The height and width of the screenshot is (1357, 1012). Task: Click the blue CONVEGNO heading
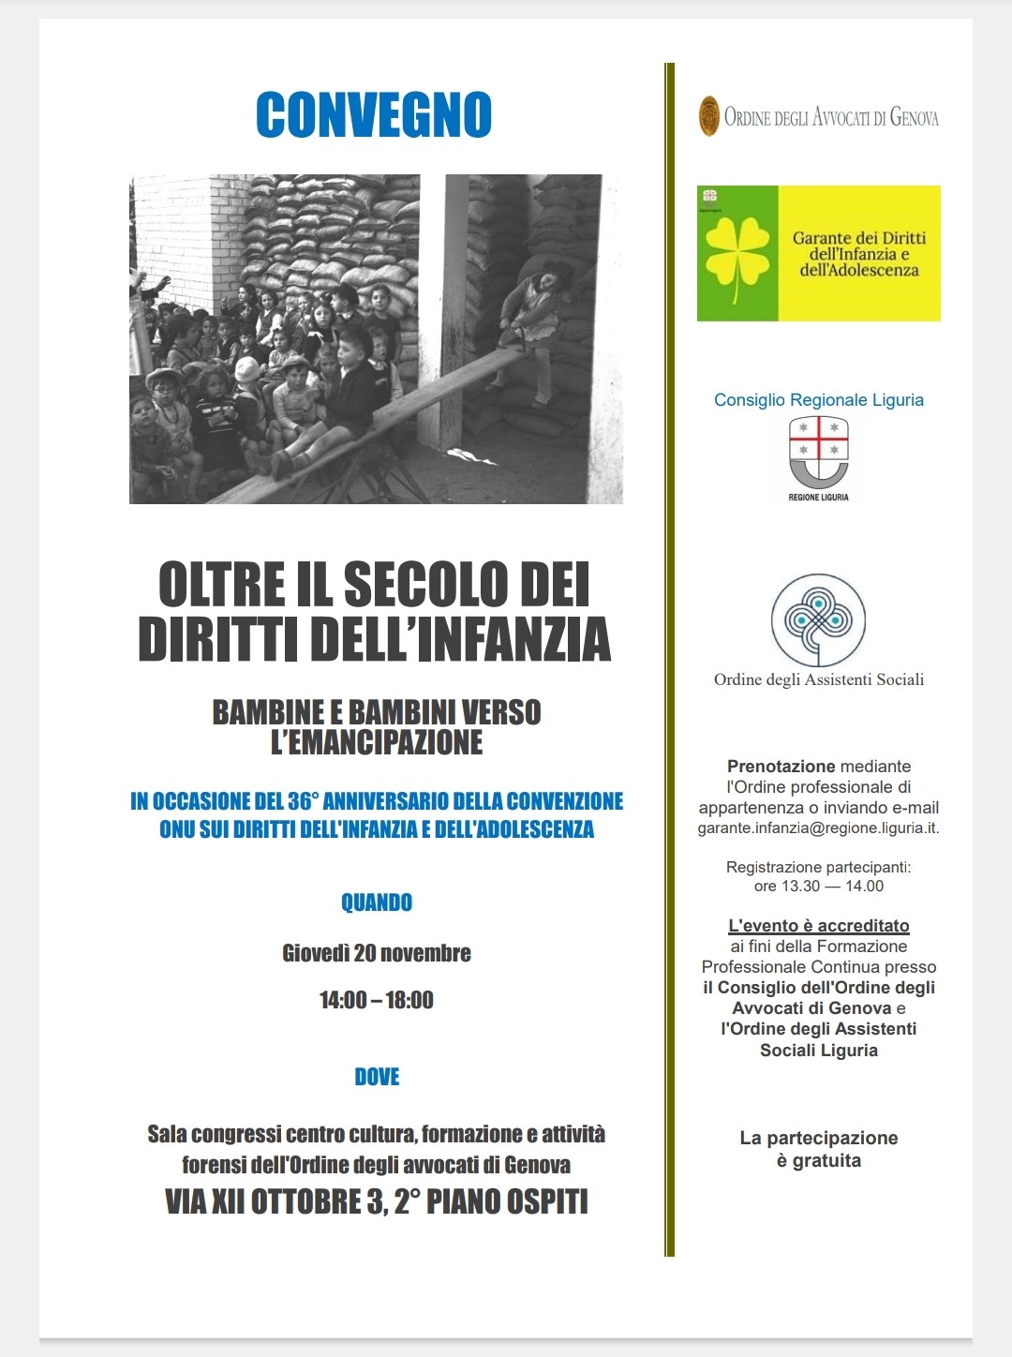374,115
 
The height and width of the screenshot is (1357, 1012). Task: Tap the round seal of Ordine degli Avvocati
709,116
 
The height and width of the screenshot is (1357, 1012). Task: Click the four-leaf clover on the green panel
737,253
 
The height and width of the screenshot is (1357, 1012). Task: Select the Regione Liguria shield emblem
818,453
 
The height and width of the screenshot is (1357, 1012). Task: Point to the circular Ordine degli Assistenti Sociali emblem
818,619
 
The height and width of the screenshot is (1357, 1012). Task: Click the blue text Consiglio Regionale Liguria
818,400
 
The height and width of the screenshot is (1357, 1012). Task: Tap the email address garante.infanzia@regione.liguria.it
817,828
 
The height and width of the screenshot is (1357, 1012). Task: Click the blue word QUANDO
377,902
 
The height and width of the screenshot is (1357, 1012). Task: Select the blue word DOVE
377,1077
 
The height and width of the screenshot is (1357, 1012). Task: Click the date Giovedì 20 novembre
377,953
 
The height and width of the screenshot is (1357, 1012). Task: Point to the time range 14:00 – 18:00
377,1000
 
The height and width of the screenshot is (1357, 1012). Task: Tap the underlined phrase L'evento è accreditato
819,926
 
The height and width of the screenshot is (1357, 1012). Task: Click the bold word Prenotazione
781,767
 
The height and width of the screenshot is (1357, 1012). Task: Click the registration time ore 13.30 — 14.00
818,887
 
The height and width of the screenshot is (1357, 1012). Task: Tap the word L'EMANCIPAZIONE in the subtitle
377,742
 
